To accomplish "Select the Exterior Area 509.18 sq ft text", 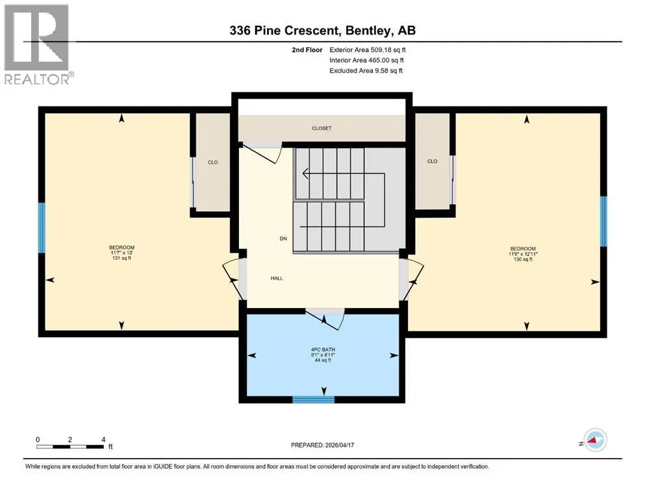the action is point(368,50).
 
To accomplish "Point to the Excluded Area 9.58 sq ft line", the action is point(366,70).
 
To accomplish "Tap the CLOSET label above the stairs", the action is point(322,129).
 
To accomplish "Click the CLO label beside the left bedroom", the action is point(212,162).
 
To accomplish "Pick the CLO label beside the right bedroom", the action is point(433,161).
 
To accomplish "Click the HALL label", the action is point(277,278).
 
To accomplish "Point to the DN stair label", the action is point(283,238).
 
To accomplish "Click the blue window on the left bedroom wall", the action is point(42,228).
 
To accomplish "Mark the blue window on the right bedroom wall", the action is point(603,222).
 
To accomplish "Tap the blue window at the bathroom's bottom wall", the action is point(314,400).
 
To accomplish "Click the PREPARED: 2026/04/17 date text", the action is point(322,445).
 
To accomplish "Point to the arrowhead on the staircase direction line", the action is point(305,173).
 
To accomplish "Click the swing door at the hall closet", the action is point(262,153).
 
